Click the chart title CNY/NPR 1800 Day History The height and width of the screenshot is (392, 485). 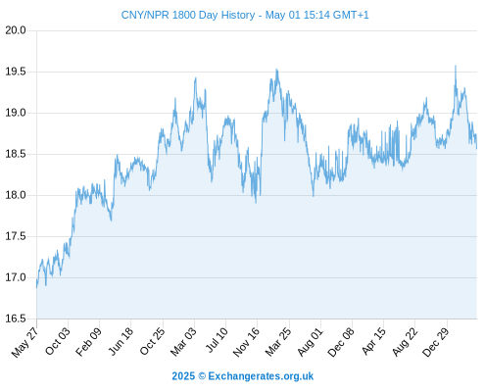tap(188, 15)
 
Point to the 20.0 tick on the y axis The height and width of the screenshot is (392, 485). tap(16, 30)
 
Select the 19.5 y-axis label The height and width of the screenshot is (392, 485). tap(16, 72)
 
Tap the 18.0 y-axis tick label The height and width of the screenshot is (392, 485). tap(16, 195)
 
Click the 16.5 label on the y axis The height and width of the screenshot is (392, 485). tap(16, 318)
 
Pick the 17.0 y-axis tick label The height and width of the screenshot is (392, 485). tap(16, 277)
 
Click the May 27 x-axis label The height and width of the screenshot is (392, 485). tap(25, 342)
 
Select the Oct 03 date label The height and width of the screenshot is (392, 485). tap(58, 341)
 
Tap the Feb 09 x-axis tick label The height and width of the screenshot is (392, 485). tap(89, 341)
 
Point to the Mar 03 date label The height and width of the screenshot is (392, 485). tap(183, 341)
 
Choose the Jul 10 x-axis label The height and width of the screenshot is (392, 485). tap(217, 340)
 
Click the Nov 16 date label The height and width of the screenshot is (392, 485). tap(246, 341)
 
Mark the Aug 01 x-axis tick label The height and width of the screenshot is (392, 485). tap(311, 341)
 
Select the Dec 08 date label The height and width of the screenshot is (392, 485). tap(341, 342)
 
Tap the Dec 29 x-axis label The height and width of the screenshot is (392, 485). tap(436, 342)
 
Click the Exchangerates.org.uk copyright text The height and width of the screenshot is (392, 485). tap(261, 376)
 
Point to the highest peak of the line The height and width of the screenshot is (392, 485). tap(456, 66)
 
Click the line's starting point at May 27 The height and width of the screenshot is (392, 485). tap(36, 287)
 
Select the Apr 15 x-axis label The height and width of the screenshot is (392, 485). tap(374, 341)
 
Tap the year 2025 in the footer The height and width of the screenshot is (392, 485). tap(183, 376)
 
